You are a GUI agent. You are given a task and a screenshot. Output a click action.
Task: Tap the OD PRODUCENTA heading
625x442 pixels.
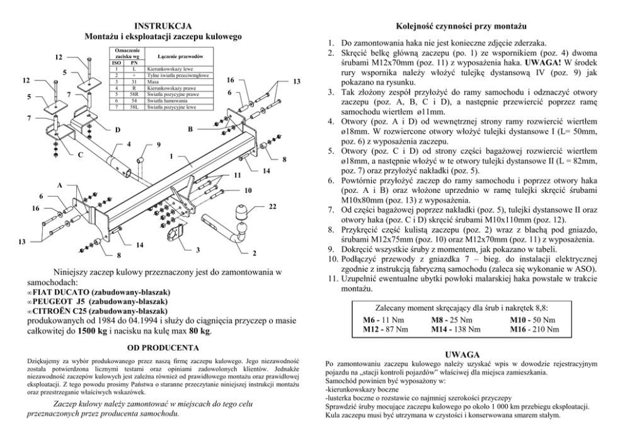(x=163, y=347)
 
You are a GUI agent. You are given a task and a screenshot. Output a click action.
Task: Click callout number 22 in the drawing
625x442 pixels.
(x=272, y=206)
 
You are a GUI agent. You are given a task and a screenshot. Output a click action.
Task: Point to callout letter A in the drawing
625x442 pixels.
(x=60, y=185)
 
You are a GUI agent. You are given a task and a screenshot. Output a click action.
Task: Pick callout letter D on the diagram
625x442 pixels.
(x=118, y=131)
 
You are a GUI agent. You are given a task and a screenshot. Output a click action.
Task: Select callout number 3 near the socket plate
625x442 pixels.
(x=198, y=250)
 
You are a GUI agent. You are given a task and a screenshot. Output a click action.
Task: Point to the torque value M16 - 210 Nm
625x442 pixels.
(x=534, y=329)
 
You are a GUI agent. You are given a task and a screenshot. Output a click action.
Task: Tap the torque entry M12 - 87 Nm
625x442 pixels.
(x=386, y=329)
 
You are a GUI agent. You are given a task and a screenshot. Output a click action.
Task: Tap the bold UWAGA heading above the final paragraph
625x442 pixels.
(x=463, y=355)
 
